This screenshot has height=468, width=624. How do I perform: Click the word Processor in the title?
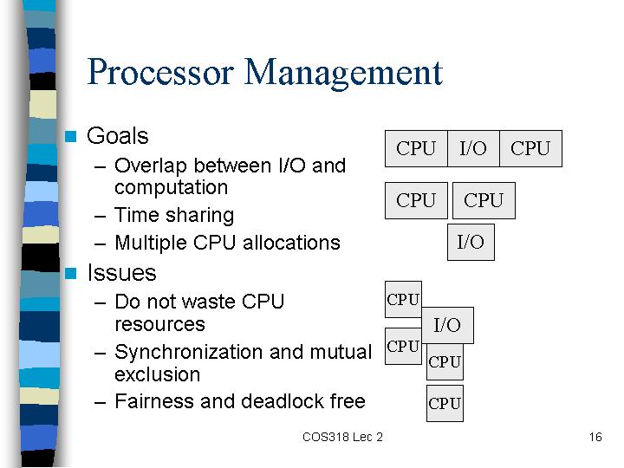point(160,72)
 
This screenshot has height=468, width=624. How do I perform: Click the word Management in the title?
point(343,74)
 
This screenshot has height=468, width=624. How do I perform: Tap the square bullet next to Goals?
point(71,137)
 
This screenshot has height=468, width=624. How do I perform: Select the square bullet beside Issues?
point(71,273)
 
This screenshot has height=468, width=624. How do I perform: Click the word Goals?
point(118,136)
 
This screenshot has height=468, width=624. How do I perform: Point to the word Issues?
point(122,273)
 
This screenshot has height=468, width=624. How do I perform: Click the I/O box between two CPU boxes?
point(473,148)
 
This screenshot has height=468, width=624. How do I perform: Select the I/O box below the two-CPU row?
point(471,242)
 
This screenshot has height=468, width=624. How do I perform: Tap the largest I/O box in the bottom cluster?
point(448,325)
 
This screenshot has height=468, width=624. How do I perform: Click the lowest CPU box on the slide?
point(445,403)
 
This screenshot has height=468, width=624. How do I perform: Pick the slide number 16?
point(595,437)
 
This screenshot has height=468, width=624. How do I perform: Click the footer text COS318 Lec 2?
point(342,437)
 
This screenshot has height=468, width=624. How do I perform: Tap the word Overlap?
point(151,166)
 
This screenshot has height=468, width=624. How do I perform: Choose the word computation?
point(171,187)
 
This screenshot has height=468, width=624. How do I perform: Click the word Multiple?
point(151,243)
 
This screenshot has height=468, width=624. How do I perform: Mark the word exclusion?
point(157,374)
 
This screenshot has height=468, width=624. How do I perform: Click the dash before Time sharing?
point(100,217)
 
